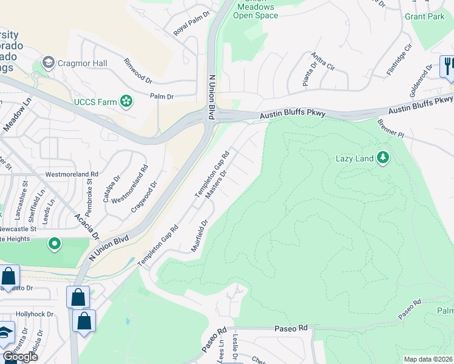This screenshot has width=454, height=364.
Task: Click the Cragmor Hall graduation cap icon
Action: click(x=48, y=62)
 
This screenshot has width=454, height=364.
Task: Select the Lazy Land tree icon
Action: click(x=382, y=158)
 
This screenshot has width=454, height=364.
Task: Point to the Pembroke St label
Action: click(x=89, y=189)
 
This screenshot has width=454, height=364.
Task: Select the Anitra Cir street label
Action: click(x=322, y=62)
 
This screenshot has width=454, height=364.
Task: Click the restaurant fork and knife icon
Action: click(x=448, y=66)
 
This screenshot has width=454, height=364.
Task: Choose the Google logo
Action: click(x=21, y=357)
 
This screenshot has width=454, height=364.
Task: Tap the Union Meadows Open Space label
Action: click(x=256, y=11)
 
